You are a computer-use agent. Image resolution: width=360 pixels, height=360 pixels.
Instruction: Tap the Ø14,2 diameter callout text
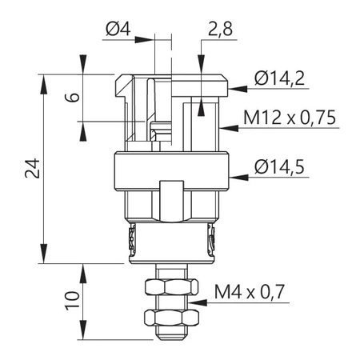pyautogui.click(x=280, y=78)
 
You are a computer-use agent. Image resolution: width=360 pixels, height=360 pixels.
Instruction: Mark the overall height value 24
pyautogui.click(x=30, y=169)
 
